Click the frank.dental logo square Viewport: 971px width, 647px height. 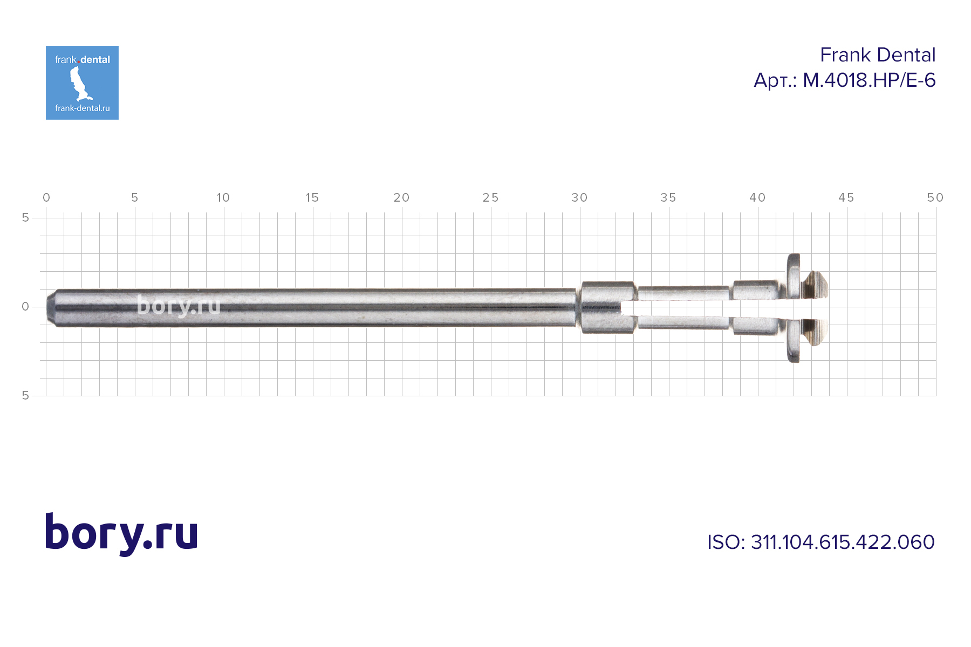pyautogui.click(x=82, y=82)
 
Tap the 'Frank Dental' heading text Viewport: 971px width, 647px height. pyautogui.click(x=878, y=55)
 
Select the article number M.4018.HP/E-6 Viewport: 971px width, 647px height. pyautogui.click(x=869, y=80)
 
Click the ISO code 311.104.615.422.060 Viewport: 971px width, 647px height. pyautogui.click(x=843, y=542)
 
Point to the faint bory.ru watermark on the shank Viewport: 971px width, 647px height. pyautogui.click(x=179, y=306)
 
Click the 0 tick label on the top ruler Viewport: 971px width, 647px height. pyautogui.click(x=46, y=198)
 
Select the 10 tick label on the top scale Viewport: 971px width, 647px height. pyautogui.click(x=223, y=198)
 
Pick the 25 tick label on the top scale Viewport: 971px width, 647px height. pyautogui.click(x=490, y=198)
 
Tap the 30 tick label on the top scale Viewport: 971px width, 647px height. pyautogui.click(x=579, y=198)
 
